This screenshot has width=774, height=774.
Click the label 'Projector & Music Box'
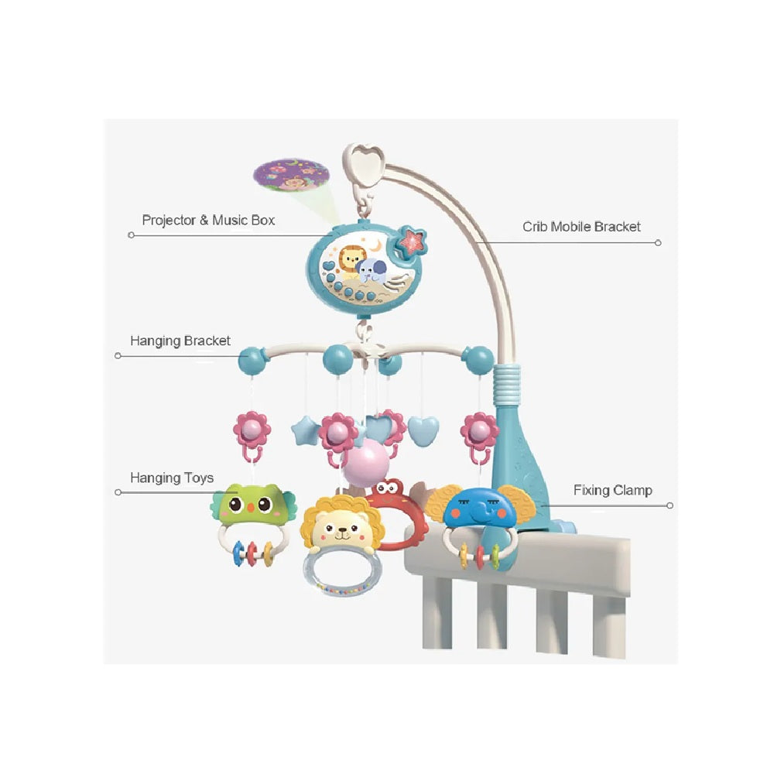[208, 221]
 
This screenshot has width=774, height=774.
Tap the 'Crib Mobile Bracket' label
[581, 227]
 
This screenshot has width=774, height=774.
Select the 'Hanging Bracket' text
[180, 341]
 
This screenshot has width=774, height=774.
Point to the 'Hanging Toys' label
[172, 478]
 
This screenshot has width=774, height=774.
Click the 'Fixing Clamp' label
[612, 490]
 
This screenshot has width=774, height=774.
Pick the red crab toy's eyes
[389, 488]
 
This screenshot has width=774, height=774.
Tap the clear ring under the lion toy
[341, 572]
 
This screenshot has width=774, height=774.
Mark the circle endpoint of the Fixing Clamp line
[670, 505]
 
